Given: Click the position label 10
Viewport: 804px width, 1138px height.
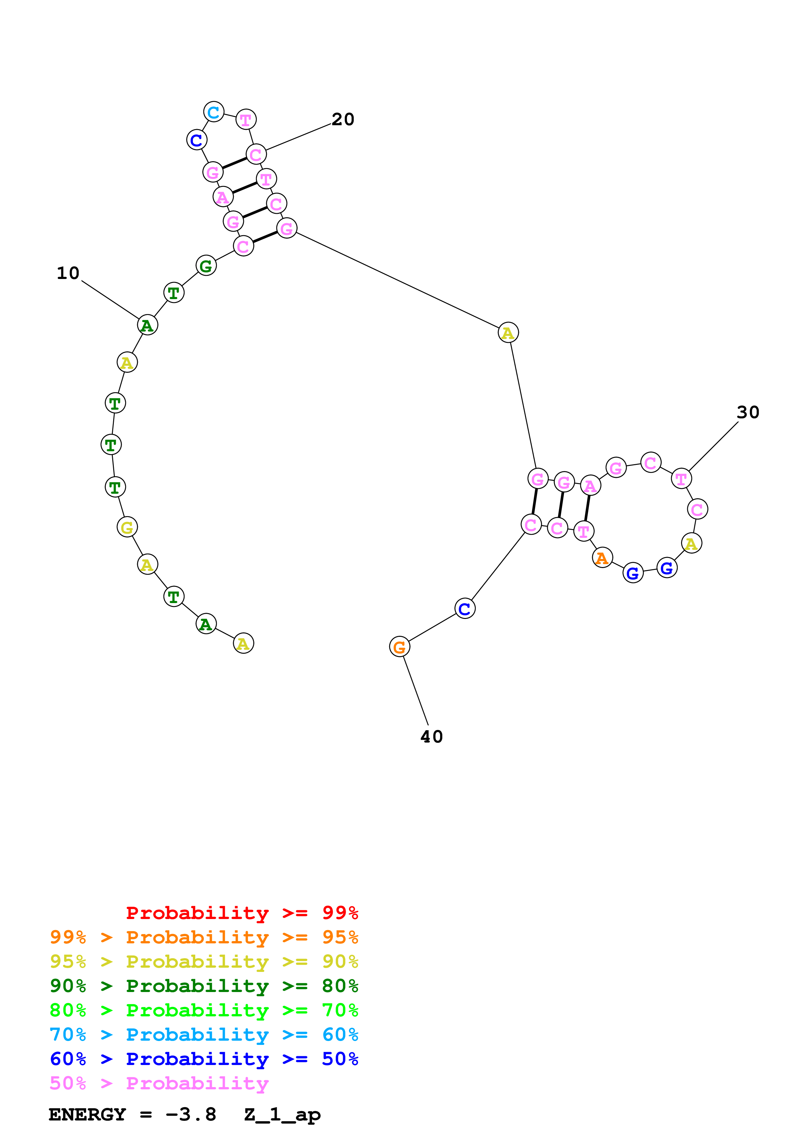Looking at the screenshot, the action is (68, 273).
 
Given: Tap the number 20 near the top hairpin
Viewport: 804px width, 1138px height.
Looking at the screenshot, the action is (343, 119).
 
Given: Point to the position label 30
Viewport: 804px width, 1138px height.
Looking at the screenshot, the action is (748, 412).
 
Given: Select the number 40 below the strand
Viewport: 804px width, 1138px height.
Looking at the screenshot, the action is (431, 736).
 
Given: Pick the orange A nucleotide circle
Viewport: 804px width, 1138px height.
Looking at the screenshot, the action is (602, 558).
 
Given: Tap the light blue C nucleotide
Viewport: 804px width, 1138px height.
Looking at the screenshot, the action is (213, 112).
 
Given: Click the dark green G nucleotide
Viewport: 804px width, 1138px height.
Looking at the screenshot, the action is (206, 266).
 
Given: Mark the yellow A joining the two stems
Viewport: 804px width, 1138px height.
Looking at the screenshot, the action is (508, 333).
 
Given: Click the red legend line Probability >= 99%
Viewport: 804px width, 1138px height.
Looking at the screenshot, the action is (242, 913).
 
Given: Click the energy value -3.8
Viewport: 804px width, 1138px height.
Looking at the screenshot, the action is (191, 1114).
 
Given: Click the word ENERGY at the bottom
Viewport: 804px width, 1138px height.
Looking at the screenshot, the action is (87, 1114).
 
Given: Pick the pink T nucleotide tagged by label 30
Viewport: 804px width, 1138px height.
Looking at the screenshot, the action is (681, 479).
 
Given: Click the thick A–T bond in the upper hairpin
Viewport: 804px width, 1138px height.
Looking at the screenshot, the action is (244, 188).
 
